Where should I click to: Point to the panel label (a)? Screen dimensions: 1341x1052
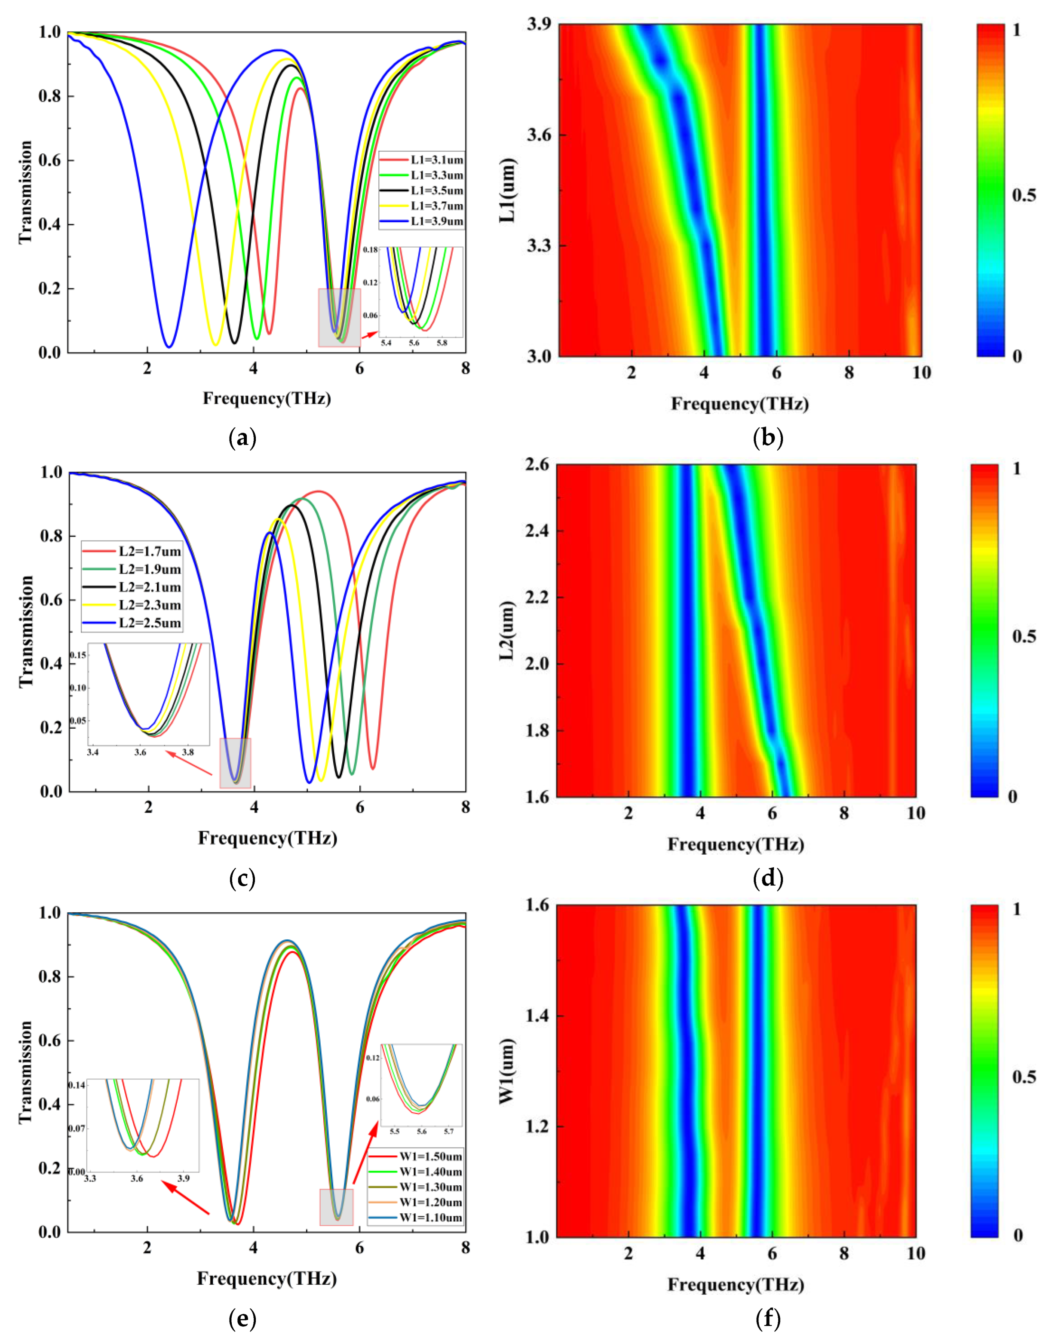point(242,439)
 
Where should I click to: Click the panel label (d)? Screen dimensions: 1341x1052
point(768,878)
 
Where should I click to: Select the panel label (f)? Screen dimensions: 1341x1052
point(768,1318)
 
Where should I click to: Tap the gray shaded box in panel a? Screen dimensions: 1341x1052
point(339,317)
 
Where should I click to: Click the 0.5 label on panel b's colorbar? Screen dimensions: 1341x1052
point(1024,195)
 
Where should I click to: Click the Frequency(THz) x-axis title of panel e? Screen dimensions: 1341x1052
point(267,1278)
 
